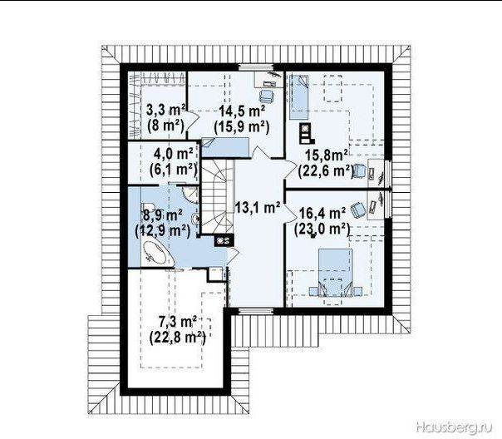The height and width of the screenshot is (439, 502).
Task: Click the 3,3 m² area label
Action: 166,110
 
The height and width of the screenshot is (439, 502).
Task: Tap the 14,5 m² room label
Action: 243,111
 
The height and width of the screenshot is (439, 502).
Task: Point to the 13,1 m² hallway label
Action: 258,208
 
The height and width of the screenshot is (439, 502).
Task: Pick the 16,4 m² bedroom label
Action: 322,213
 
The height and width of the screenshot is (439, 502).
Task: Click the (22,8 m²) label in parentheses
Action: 177,338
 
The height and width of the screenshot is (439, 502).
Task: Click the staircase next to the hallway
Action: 217,197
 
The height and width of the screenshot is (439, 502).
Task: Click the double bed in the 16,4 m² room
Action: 335,273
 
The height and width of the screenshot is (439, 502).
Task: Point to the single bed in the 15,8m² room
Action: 298,96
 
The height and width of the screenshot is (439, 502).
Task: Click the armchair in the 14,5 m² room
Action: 266,95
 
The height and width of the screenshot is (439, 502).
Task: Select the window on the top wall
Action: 255,67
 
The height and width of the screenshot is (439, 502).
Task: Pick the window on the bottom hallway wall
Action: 255,310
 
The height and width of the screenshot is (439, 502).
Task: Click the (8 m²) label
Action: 166,126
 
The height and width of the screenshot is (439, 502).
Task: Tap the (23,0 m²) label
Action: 322,229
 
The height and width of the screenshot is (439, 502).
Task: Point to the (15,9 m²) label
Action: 242,127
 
